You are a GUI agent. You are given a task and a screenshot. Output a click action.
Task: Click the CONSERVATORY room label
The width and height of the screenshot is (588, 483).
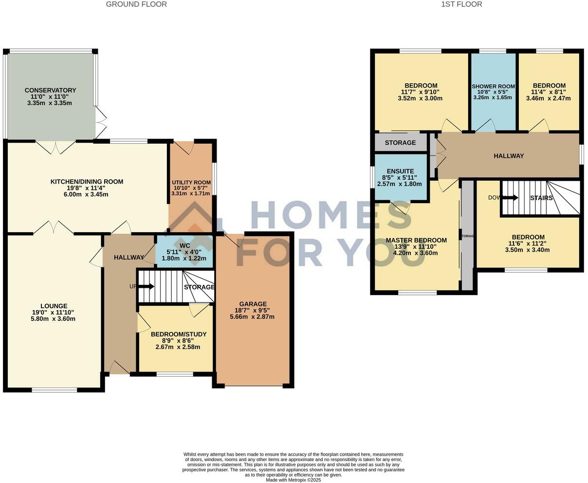point(50,90)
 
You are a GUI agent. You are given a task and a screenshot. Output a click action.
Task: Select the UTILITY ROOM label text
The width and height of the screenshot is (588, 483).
point(191,182)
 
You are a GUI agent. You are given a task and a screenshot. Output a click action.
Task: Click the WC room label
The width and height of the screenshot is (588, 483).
point(184,245)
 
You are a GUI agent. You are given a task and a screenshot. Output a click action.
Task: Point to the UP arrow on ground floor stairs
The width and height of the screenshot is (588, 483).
point(146,286)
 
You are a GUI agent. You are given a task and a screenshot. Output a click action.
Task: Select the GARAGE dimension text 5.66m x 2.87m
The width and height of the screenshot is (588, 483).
point(252,316)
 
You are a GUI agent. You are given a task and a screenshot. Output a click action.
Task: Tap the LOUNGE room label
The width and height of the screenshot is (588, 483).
point(54,306)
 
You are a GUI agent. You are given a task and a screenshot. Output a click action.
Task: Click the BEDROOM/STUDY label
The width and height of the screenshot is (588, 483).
point(178,334)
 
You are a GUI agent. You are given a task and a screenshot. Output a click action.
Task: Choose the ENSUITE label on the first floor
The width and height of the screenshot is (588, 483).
point(400,171)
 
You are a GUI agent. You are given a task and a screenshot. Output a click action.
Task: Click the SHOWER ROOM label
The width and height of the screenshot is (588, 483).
point(493,86)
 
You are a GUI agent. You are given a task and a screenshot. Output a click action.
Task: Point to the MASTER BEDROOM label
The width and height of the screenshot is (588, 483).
point(416,240)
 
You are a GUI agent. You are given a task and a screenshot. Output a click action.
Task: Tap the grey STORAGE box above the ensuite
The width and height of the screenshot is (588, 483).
point(400,143)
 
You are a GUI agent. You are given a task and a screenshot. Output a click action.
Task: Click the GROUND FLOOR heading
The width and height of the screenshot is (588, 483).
point(136,4)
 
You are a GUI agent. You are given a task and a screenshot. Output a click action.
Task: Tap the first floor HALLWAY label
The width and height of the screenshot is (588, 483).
point(509,156)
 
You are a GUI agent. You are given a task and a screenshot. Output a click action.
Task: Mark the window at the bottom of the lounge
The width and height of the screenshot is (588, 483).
point(55,390)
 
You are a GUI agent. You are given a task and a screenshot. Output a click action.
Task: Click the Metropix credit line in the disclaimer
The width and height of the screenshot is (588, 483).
point(293,480)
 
